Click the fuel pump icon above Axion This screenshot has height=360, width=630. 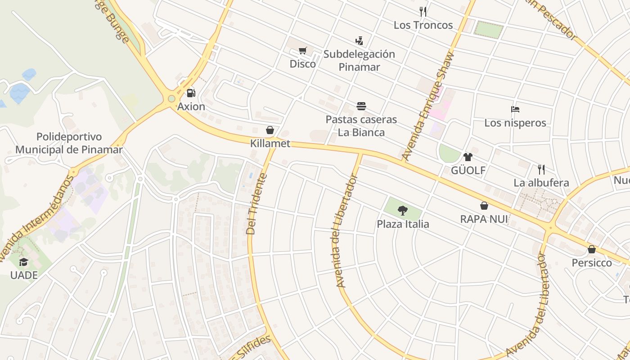[191, 93]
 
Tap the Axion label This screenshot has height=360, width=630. [191, 107]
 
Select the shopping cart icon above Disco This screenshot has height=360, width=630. [303, 50]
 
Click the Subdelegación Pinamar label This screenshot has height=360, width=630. [359, 61]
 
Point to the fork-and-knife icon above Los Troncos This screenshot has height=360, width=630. [423, 11]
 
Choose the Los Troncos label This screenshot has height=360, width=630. [423, 25]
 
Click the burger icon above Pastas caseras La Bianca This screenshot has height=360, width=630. [361, 106]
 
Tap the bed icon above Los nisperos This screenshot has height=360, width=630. [515, 109]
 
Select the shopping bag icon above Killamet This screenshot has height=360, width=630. [270, 130]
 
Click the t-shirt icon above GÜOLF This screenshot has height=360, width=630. [468, 157]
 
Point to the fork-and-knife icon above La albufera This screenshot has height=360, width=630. [541, 170]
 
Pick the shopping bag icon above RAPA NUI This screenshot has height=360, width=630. [484, 206]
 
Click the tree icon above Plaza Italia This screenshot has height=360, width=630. [403, 210]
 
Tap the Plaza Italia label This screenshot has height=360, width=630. [403, 224]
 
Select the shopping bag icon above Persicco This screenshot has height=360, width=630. [592, 249]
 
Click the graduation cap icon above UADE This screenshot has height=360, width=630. [23, 262]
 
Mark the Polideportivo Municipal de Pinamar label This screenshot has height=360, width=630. [69, 143]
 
